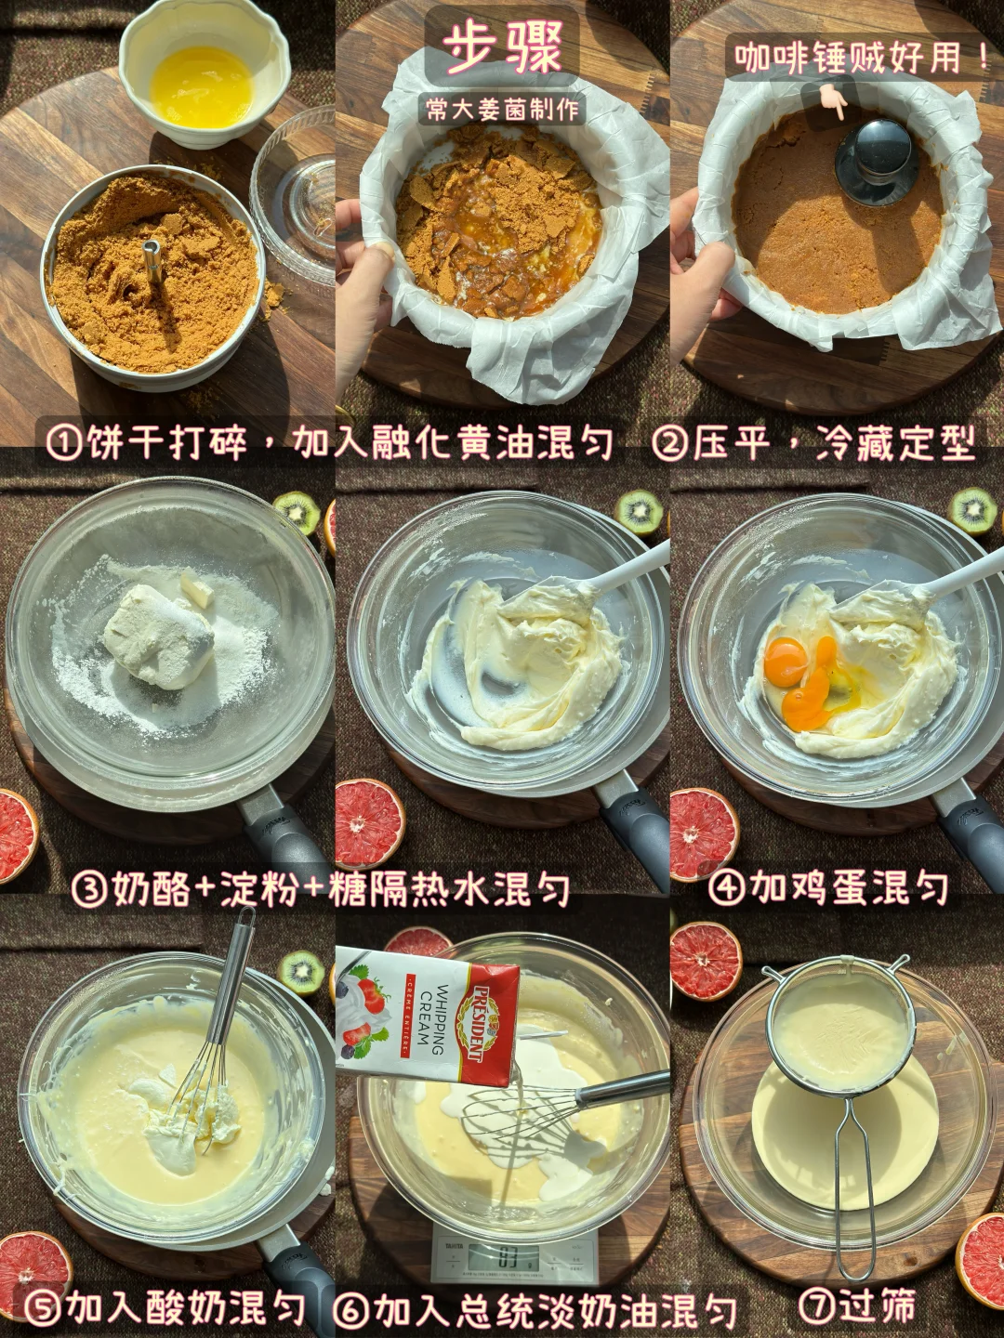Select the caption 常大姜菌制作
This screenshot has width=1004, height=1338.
coord(502,111)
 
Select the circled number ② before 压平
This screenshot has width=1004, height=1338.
coord(670,442)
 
